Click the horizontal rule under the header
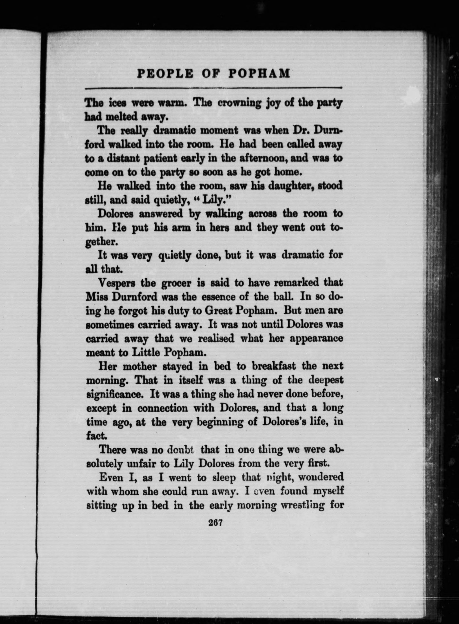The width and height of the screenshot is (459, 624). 213,88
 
